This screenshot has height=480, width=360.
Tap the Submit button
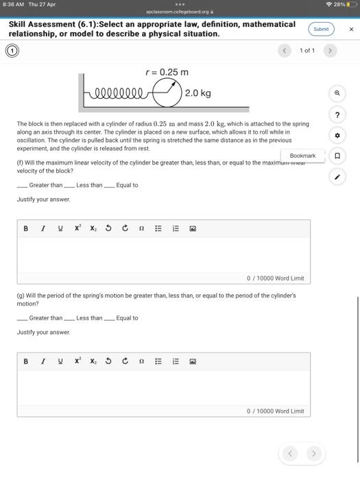[x=321, y=29]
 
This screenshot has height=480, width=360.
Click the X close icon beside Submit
[x=351, y=29]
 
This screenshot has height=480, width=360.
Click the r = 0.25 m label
[x=167, y=72]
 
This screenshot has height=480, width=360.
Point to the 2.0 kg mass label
[x=197, y=93]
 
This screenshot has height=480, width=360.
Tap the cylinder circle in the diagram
[x=166, y=93]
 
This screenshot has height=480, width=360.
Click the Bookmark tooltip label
[x=302, y=156]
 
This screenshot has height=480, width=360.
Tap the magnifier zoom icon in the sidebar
[x=337, y=93]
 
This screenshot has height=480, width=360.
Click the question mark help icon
[x=337, y=115]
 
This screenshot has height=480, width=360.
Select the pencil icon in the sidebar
[x=337, y=177]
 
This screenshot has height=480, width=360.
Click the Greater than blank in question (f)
[x=23, y=185]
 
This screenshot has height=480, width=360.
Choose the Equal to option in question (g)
[x=110, y=318]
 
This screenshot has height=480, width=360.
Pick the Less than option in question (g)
[x=69, y=318]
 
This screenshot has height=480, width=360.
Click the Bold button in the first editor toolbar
[x=26, y=228]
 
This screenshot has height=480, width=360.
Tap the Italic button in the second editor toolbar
[x=43, y=361]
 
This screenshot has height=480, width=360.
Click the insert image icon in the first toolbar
[x=193, y=228]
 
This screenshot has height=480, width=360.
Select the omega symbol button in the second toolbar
[x=141, y=361]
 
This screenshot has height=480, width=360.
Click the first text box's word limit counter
[x=275, y=278]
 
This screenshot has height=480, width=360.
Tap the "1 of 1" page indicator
[x=307, y=51]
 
